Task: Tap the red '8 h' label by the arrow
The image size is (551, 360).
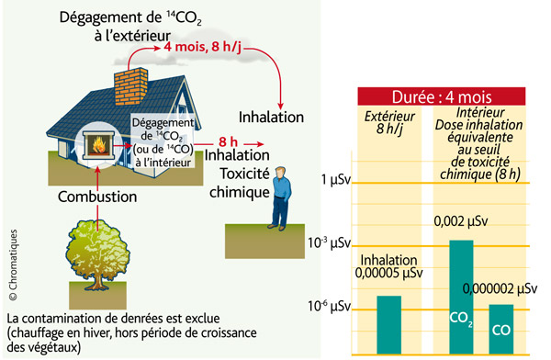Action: [x=230, y=142]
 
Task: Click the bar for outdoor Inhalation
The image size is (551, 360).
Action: [x=388, y=323]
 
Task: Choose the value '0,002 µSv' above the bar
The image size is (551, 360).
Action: [x=459, y=220]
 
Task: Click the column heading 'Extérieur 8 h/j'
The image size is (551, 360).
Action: [x=389, y=124]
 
